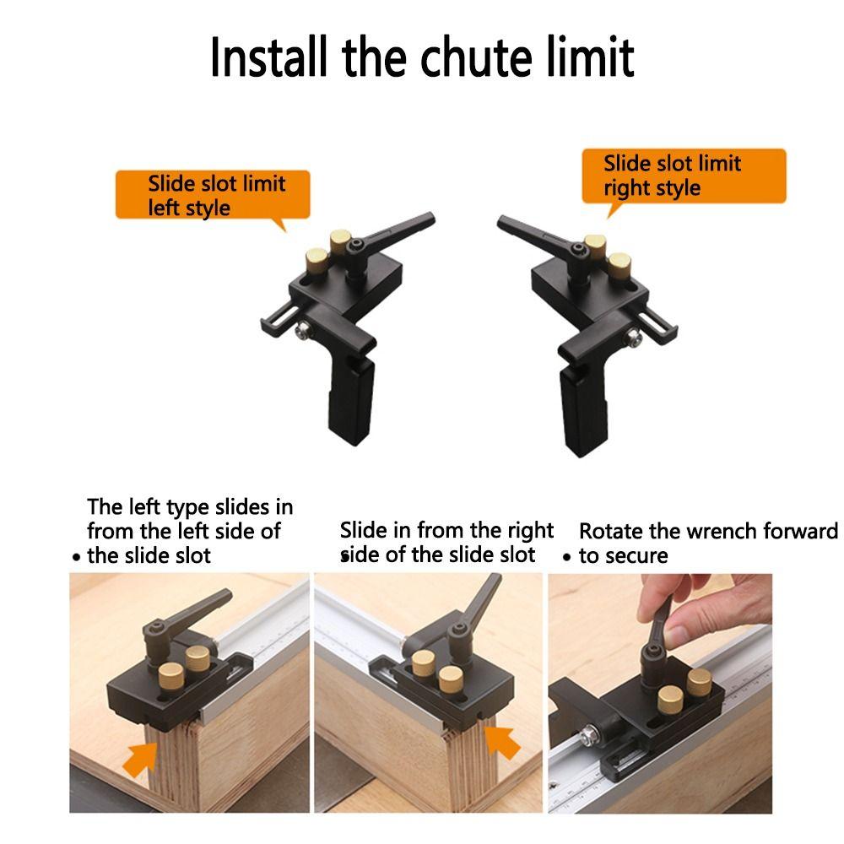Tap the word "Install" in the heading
(x=268, y=57)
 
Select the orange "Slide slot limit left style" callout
(x=213, y=196)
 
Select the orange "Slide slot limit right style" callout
(x=684, y=176)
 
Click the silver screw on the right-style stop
(x=634, y=338)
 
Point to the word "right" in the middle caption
(x=530, y=531)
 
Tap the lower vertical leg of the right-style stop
(x=585, y=411)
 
